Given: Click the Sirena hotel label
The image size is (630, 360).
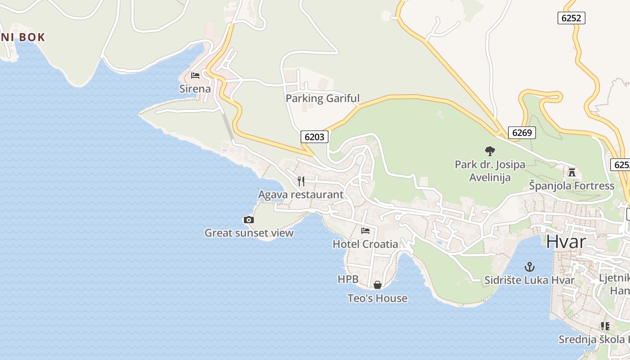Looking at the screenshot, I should point(195,89).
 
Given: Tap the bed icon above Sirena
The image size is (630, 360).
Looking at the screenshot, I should point(195,75).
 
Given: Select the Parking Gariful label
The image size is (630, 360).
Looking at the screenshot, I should point(323,98).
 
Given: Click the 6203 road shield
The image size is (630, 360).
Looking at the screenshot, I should point(314,137).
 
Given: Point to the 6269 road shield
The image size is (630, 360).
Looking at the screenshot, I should point(522,133).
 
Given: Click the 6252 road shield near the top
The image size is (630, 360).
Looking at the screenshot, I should point(571,18).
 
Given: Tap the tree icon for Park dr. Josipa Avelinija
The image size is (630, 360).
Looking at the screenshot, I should point(490,151).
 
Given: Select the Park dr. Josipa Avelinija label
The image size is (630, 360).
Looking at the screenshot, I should point(490,171).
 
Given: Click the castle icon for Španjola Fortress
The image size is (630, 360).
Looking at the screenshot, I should point(571,172).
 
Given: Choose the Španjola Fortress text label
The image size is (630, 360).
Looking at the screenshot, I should point(571,186).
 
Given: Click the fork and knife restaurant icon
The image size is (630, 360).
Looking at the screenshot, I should point(301,181).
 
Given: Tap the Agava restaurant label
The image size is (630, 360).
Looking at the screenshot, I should point(301,195).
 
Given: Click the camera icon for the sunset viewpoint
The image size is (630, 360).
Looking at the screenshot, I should point(248,220).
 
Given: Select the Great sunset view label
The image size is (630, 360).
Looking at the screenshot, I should point(249,233).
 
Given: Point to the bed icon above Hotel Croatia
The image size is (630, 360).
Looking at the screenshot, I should point(365,231).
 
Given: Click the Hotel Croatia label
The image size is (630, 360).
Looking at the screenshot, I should point(365,244).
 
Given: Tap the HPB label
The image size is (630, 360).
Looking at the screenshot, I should point(348,279).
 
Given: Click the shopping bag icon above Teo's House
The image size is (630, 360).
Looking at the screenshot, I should point(377,285).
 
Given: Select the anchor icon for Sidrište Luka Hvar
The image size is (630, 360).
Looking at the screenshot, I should point(530,267).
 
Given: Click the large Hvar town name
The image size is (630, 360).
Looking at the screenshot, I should point(566,242).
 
